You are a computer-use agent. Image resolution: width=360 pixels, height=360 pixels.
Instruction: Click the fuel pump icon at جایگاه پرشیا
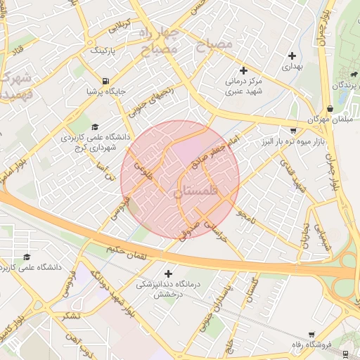pos(105,81)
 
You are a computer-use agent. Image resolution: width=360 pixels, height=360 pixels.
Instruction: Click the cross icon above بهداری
pos(292,56)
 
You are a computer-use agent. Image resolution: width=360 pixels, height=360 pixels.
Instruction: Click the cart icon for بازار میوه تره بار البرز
pos(293,131)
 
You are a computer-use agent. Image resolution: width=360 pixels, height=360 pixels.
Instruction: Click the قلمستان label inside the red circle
pos(196,191)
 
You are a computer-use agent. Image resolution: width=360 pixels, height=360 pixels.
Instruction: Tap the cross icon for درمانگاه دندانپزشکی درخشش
pos(168,273)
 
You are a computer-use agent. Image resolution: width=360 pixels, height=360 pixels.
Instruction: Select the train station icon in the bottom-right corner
pos(347,354)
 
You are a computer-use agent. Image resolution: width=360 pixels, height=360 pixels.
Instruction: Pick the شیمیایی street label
pos(324,238)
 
